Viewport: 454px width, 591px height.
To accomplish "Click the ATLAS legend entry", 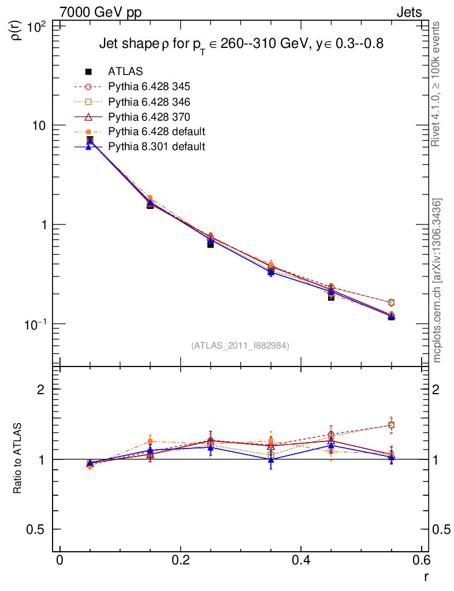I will pyautogui.click(x=125, y=72).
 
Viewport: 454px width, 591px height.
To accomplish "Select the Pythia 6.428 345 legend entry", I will pyautogui.click(x=149, y=87).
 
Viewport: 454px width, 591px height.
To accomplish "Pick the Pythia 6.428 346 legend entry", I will pyautogui.click(x=149, y=102).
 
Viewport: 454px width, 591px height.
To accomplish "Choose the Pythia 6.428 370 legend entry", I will pyautogui.click(x=149, y=117).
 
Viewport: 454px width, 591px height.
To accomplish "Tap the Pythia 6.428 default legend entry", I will pyautogui.click(x=157, y=132).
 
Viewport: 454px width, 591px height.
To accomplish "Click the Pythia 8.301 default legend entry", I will pyautogui.click(x=157, y=147).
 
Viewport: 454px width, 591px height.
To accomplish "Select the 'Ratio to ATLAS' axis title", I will pyautogui.click(x=18, y=459).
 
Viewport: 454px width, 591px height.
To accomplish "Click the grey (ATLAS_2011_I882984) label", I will pyautogui.click(x=240, y=345).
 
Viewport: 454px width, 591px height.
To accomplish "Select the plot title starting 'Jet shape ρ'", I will pyautogui.click(x=241, y=44).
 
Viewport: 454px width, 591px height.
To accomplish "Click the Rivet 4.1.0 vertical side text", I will pyautogui.click(x=437, y=84).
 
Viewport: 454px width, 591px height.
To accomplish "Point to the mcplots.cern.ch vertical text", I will pyautogui.click(x=437, y=280).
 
